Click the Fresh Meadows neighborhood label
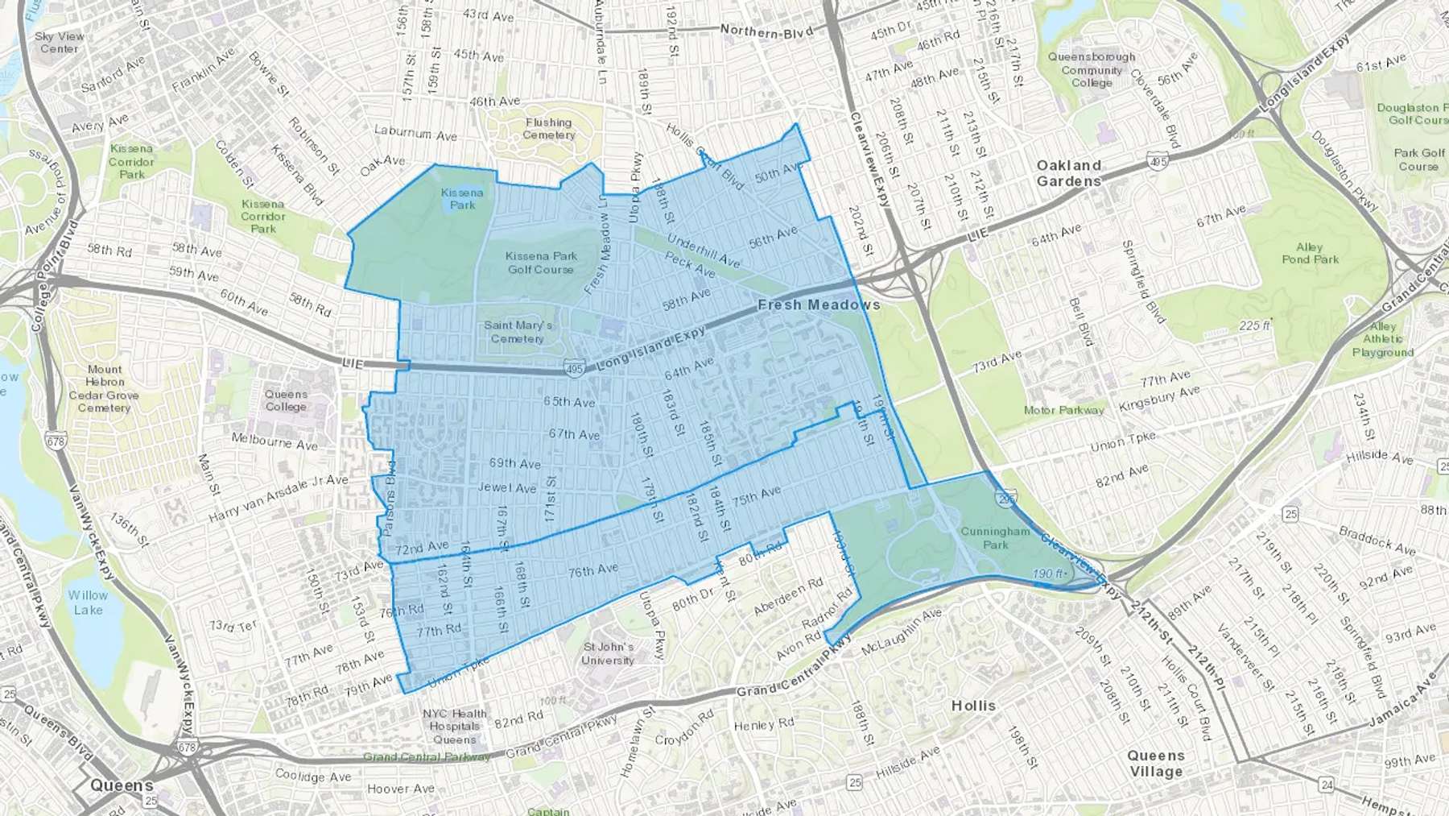819,304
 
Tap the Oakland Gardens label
1068,173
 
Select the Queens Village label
1155,763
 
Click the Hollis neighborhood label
973,706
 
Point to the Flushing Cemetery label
548,129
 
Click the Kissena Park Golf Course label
541,263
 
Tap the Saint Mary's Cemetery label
518,332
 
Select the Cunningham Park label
995,538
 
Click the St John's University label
608,653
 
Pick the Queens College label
286,400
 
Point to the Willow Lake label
88,603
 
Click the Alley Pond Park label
1310,253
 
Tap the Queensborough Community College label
1092,70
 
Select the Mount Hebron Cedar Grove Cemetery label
104,388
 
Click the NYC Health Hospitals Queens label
454,726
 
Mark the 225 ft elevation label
1254,325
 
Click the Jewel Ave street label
507,487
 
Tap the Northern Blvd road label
766,31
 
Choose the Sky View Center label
60,42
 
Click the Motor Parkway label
1063,410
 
